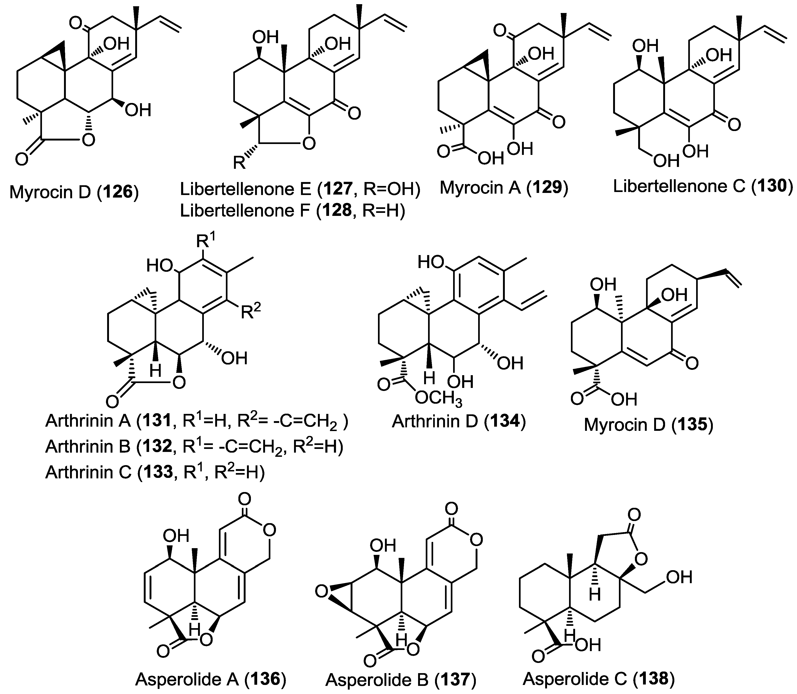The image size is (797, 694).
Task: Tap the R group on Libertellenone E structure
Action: point(239,163)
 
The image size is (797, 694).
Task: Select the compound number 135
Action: point(692,425)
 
